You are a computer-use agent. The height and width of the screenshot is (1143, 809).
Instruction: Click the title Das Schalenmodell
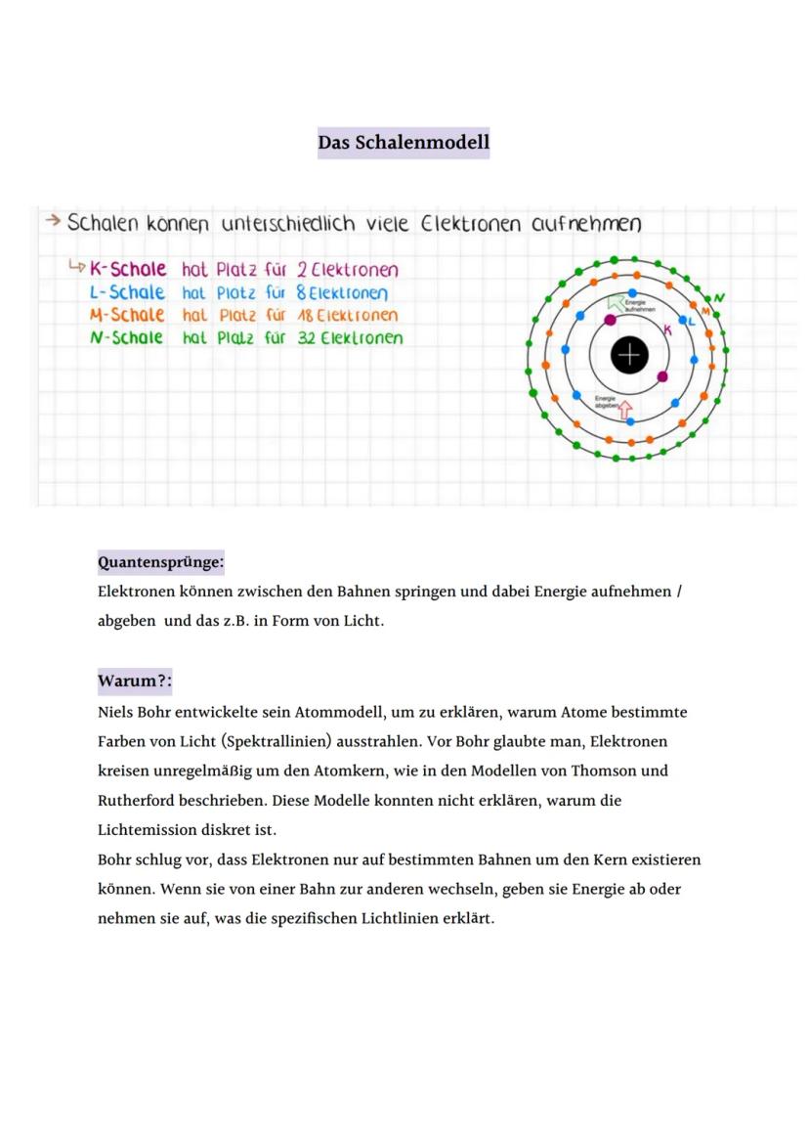coord(404,143)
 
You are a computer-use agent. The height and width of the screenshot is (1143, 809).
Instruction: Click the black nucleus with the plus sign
coord(629,355)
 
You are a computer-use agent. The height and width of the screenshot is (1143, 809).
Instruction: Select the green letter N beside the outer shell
coord(720,297)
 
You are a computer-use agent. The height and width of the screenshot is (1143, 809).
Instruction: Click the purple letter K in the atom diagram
coord(668,330)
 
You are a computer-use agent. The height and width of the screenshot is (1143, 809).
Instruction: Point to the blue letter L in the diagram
coord(693,321)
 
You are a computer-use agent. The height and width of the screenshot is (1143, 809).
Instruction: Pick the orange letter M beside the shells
coord(706,311)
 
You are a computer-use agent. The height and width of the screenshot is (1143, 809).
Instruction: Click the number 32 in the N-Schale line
coord(307,338)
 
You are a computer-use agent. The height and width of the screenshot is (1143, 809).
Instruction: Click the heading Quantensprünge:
coord(160,562)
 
